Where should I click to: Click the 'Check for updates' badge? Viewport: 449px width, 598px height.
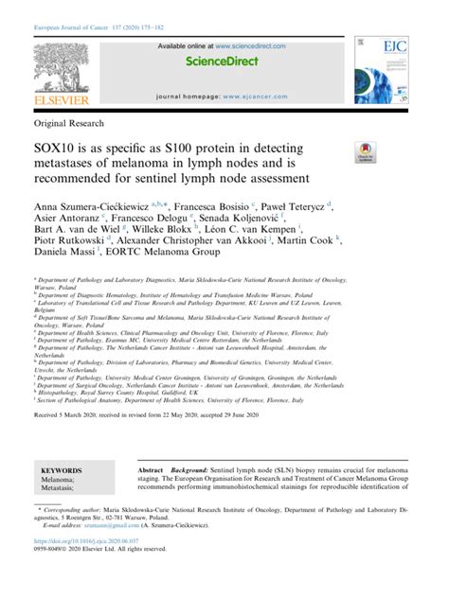[x=365, y=152]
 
